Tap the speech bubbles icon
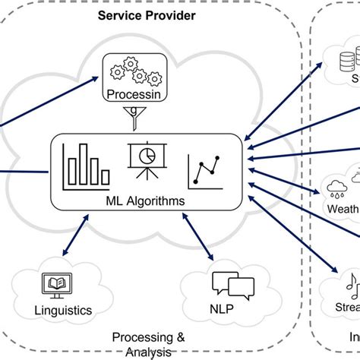coord(232,286)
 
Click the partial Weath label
coord(343,208)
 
